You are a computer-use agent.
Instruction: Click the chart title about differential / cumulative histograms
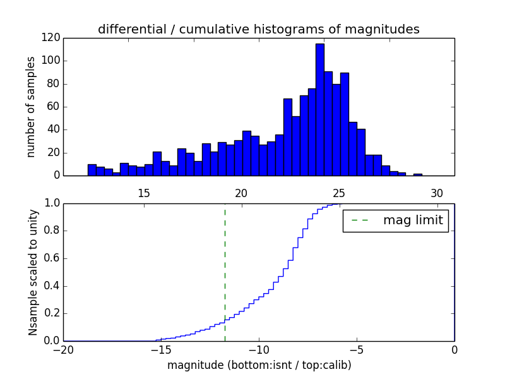pos(259,29)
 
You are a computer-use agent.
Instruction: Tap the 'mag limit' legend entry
pos(396,220)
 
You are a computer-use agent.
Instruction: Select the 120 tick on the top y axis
pos(51,38)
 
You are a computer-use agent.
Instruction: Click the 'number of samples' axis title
pos(30,107)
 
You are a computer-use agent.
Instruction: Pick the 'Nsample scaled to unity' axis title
pos(33,272)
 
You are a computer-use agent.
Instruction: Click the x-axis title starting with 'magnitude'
pos(259,365)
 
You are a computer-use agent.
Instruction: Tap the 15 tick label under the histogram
pos(143,193)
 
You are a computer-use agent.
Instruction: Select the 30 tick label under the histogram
pos(437,193)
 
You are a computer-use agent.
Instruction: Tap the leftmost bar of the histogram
pos(92,170)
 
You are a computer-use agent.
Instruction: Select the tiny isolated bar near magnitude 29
pos(418,174)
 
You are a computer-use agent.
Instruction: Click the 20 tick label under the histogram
pos(242,193)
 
